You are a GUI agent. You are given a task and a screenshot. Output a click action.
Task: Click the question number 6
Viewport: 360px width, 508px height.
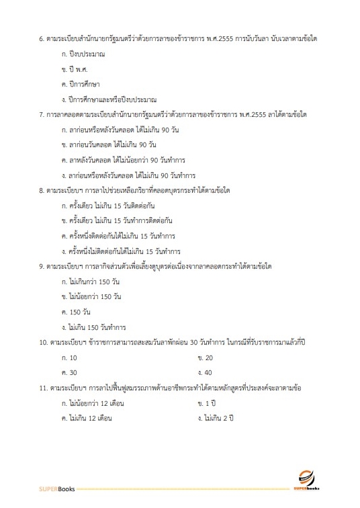42,38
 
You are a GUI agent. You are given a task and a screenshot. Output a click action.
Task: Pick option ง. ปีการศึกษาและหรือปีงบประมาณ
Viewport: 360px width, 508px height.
108,99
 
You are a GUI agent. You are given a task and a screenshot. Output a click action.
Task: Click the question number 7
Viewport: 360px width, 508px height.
42,115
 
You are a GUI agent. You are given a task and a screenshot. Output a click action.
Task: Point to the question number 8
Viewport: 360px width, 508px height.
42,191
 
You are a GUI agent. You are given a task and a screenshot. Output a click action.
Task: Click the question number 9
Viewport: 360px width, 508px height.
42,267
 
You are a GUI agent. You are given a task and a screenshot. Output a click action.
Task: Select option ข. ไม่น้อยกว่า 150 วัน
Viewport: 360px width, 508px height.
91,298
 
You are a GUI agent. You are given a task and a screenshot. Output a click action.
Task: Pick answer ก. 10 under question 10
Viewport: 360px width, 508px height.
69,358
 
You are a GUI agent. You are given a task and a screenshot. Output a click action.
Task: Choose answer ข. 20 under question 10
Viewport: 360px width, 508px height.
206,358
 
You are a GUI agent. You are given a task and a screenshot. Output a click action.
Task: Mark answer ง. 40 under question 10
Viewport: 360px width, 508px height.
206,373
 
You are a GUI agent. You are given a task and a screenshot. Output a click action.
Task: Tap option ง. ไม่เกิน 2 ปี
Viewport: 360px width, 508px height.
215,419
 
